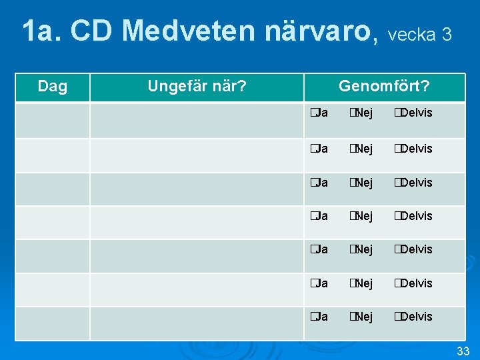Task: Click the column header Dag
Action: pos(52,87)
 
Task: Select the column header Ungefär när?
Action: pos(197,87)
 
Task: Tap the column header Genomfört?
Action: pos(384,87)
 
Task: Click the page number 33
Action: pos(463,351)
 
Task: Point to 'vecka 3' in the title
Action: pos(419,34)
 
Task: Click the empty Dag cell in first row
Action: pos(52,120)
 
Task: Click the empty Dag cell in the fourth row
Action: pos(52,222)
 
